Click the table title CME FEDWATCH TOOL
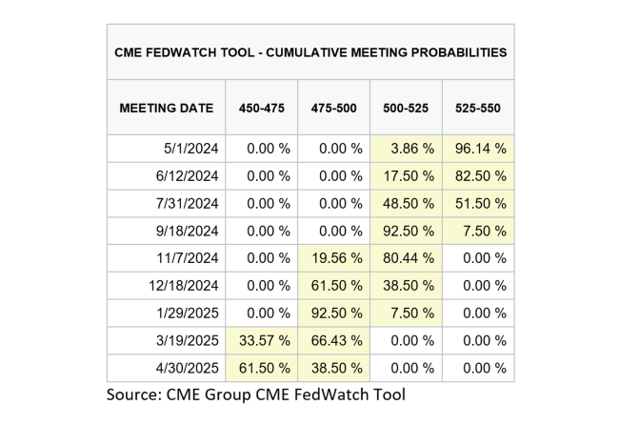tap(310, 51)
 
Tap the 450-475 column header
tap(261, 108)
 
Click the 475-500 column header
tap(333, 108)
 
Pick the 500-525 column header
tap(406, 108)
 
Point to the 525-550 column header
tap(478, 108)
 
